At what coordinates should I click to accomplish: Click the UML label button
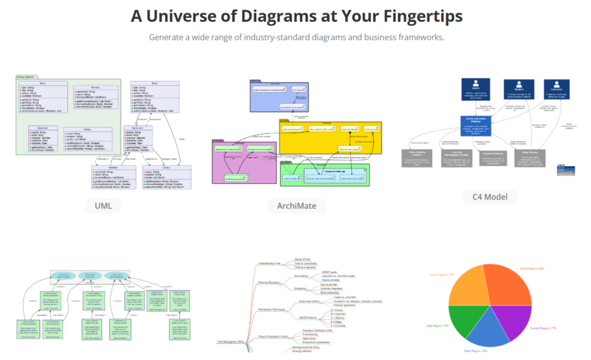pyautogui.click(x=103, y=205)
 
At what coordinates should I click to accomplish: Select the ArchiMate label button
pyautogui.click(x=296, y=205)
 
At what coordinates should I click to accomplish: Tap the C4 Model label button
pyautogui.click(x=489, y=197)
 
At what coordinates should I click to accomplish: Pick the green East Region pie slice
pyautogui.click(x=462, y=320)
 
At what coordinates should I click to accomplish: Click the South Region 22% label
pyautogui.click(x=442, y=275)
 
